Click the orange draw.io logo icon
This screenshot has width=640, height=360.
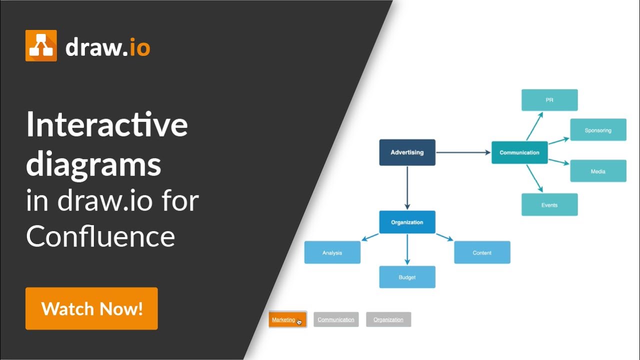click(41, 45)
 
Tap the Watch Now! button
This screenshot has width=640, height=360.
click(91, 308)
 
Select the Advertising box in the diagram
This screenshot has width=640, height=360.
click(407, 152)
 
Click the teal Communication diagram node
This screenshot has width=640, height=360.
click(519, 152)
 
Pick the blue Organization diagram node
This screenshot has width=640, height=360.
click(407, 222)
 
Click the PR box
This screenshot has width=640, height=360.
click(549, 100)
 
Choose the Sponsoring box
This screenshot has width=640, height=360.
click(598, 130)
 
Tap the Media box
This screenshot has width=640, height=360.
click(598, 171)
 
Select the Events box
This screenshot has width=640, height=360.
click(549, 205)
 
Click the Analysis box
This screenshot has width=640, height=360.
click(332, 252)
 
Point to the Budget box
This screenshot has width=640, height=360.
click(407, 277)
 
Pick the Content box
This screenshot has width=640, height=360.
click(482, 252)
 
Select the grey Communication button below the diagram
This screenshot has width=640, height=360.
click(336, 319)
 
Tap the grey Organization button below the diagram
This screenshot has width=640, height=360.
click(388, 319)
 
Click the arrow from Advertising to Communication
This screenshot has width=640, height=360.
click(463, 152)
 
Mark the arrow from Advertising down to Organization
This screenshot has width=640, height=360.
click(407, 187)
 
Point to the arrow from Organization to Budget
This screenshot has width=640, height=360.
click(407, 249)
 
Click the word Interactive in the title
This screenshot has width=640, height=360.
click(107, 125)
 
